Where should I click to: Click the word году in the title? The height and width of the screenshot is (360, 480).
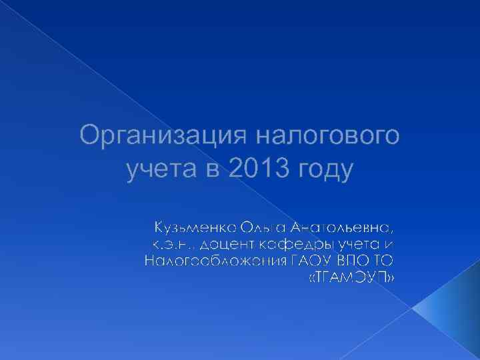(327, 171)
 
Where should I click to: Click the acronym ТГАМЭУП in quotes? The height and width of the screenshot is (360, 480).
(351, 277)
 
